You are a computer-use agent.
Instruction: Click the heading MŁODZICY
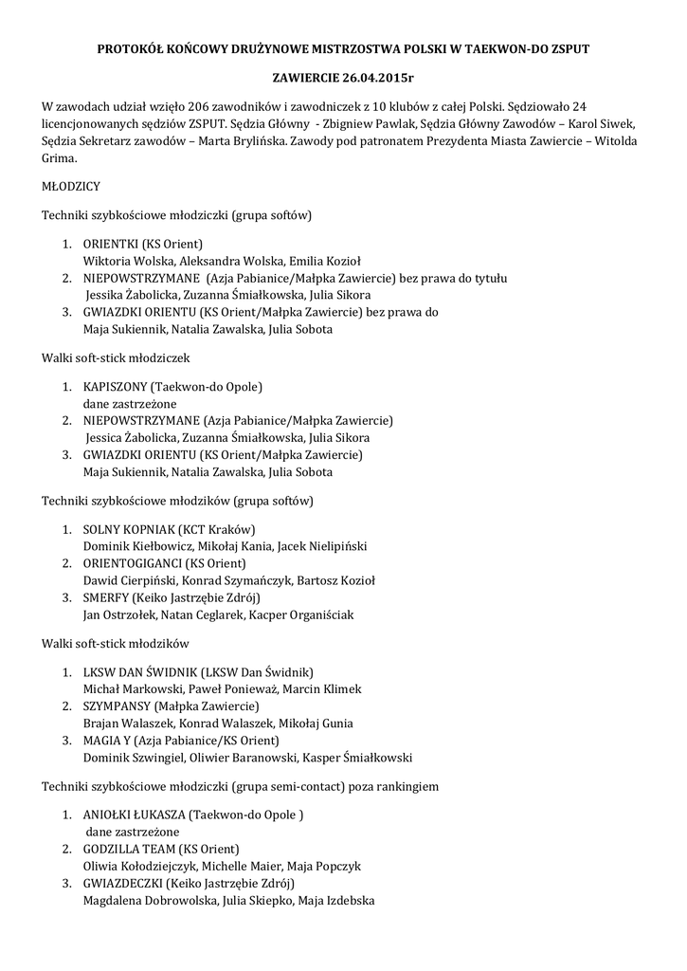tap(71, 187)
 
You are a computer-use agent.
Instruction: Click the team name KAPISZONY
tap(115, 387)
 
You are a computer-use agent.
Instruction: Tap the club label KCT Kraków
tap(224, 529)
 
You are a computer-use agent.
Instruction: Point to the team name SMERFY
tap(106, 597)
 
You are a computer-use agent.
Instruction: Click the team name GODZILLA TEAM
tap(128, 849)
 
